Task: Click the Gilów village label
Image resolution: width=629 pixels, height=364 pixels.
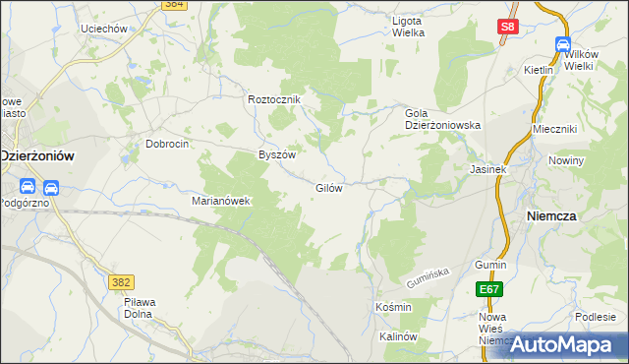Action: click(x=328, y=188)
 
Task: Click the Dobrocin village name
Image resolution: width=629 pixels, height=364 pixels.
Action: click(x=167, y=143)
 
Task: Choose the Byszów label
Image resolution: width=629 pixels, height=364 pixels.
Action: click(x=276, y=155)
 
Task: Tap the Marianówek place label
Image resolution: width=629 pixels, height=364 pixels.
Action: click(x=221, y=201)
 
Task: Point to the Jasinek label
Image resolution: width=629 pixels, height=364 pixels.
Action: click(x=487, y=169)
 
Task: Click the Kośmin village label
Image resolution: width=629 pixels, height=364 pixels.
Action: click(x=393, y=308)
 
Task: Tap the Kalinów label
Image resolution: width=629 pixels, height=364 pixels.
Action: click(x=398, y=336)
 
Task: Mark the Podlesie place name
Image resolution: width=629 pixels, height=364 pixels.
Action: click(x=596, y=316)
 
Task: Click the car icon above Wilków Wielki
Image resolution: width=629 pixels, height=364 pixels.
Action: click(x=563, y=45)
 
